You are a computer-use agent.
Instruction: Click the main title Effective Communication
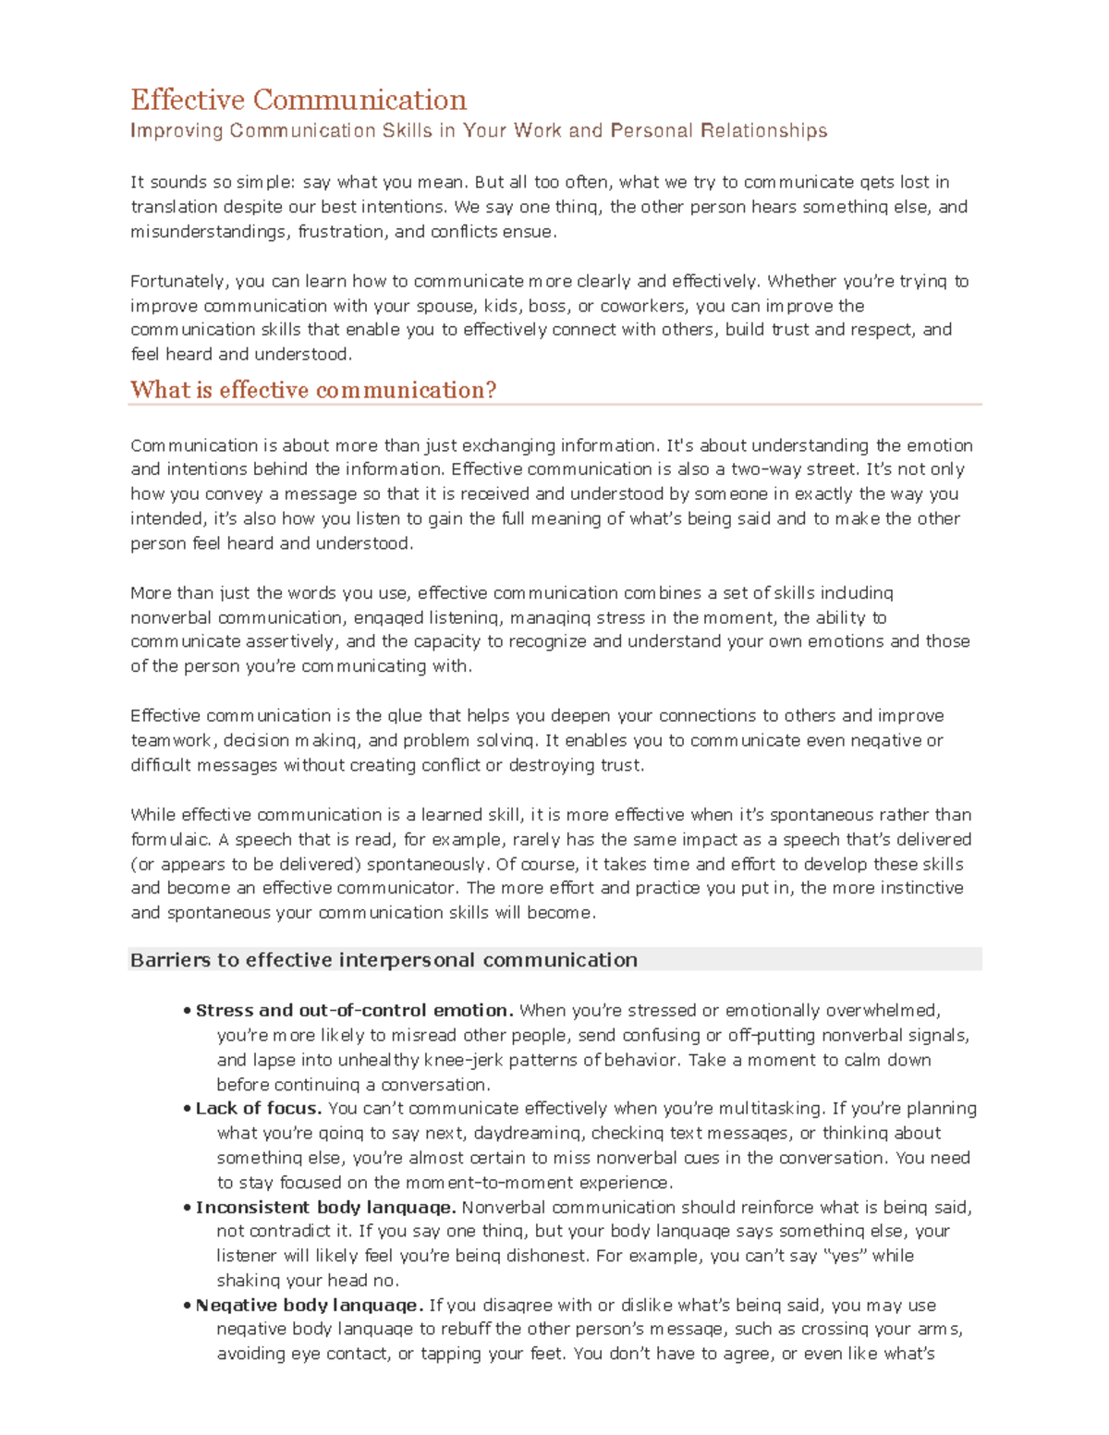click(x=299, y=100)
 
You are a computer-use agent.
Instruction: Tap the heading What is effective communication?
click(x=313, y=390)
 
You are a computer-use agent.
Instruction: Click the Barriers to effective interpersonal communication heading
click(x=384, y=960)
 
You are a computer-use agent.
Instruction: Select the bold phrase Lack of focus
click(x=259, y=1108)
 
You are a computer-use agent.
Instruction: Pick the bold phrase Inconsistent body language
click(x=325, y=1207)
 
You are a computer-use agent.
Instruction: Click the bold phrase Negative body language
click(x=310, y=1305)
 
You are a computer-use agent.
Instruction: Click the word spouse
click(x=446, y=306)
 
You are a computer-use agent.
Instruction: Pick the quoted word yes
click(x=846, y=1256)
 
